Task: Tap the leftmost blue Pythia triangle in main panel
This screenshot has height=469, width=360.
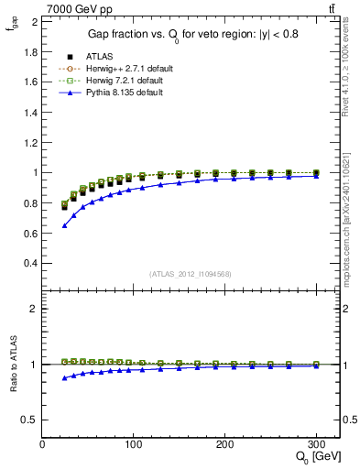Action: pyautogui.click(x=64, y=225)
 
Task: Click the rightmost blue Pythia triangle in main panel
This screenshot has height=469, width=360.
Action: pyautogui.click(x=316, y=176)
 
